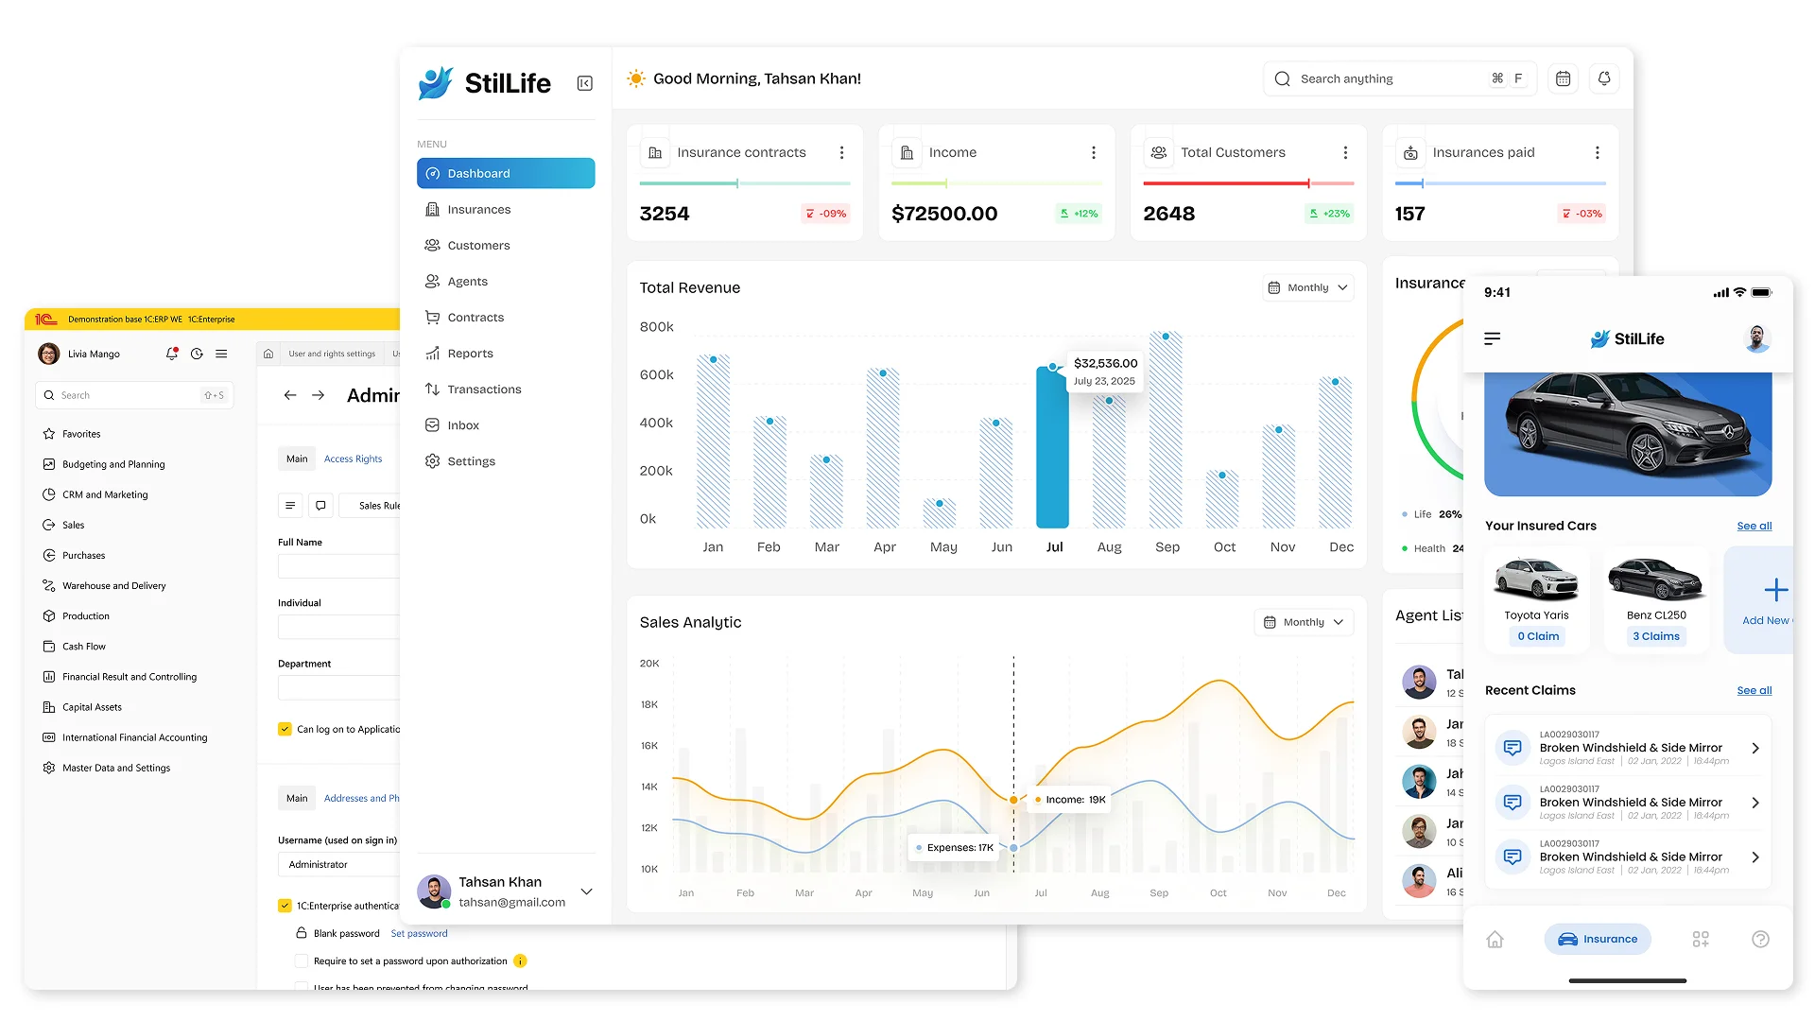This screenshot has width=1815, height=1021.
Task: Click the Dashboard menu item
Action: click(x=505, y=173)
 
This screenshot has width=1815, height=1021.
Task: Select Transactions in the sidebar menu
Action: click(x=483, y=389)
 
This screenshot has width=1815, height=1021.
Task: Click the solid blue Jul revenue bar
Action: click(x=1052, y=449)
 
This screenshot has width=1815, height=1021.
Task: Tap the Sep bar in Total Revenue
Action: click(x=1166, y=430)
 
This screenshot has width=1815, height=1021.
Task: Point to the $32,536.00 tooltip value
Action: click(x=1105, y=363)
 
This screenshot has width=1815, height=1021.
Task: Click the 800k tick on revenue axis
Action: click(x=656, y=327)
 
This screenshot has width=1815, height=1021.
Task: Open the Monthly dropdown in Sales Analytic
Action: click(x=1304, y=622)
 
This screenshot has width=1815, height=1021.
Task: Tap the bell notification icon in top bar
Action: click(x=1604, y=78)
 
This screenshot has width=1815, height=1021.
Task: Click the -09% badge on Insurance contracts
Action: click(x=825, y=214)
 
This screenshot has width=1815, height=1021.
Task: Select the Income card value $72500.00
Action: click(x=943, y=214)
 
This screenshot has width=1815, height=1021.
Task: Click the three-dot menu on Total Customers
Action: click(x=1345, y=152)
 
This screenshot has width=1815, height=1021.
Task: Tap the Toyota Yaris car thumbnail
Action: click(x=1536, y=579)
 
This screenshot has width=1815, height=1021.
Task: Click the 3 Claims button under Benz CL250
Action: click(x=1655, y=636)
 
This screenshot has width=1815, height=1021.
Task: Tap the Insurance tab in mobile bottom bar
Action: click(x=1597, y=939)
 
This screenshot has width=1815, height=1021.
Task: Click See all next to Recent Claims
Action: click(x=1754, y=690)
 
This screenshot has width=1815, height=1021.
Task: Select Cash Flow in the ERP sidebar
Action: click(x=84, y=647)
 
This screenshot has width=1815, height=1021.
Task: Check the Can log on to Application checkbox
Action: click(x=285, y=729)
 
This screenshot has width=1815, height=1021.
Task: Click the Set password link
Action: click(x=419, y=933)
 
